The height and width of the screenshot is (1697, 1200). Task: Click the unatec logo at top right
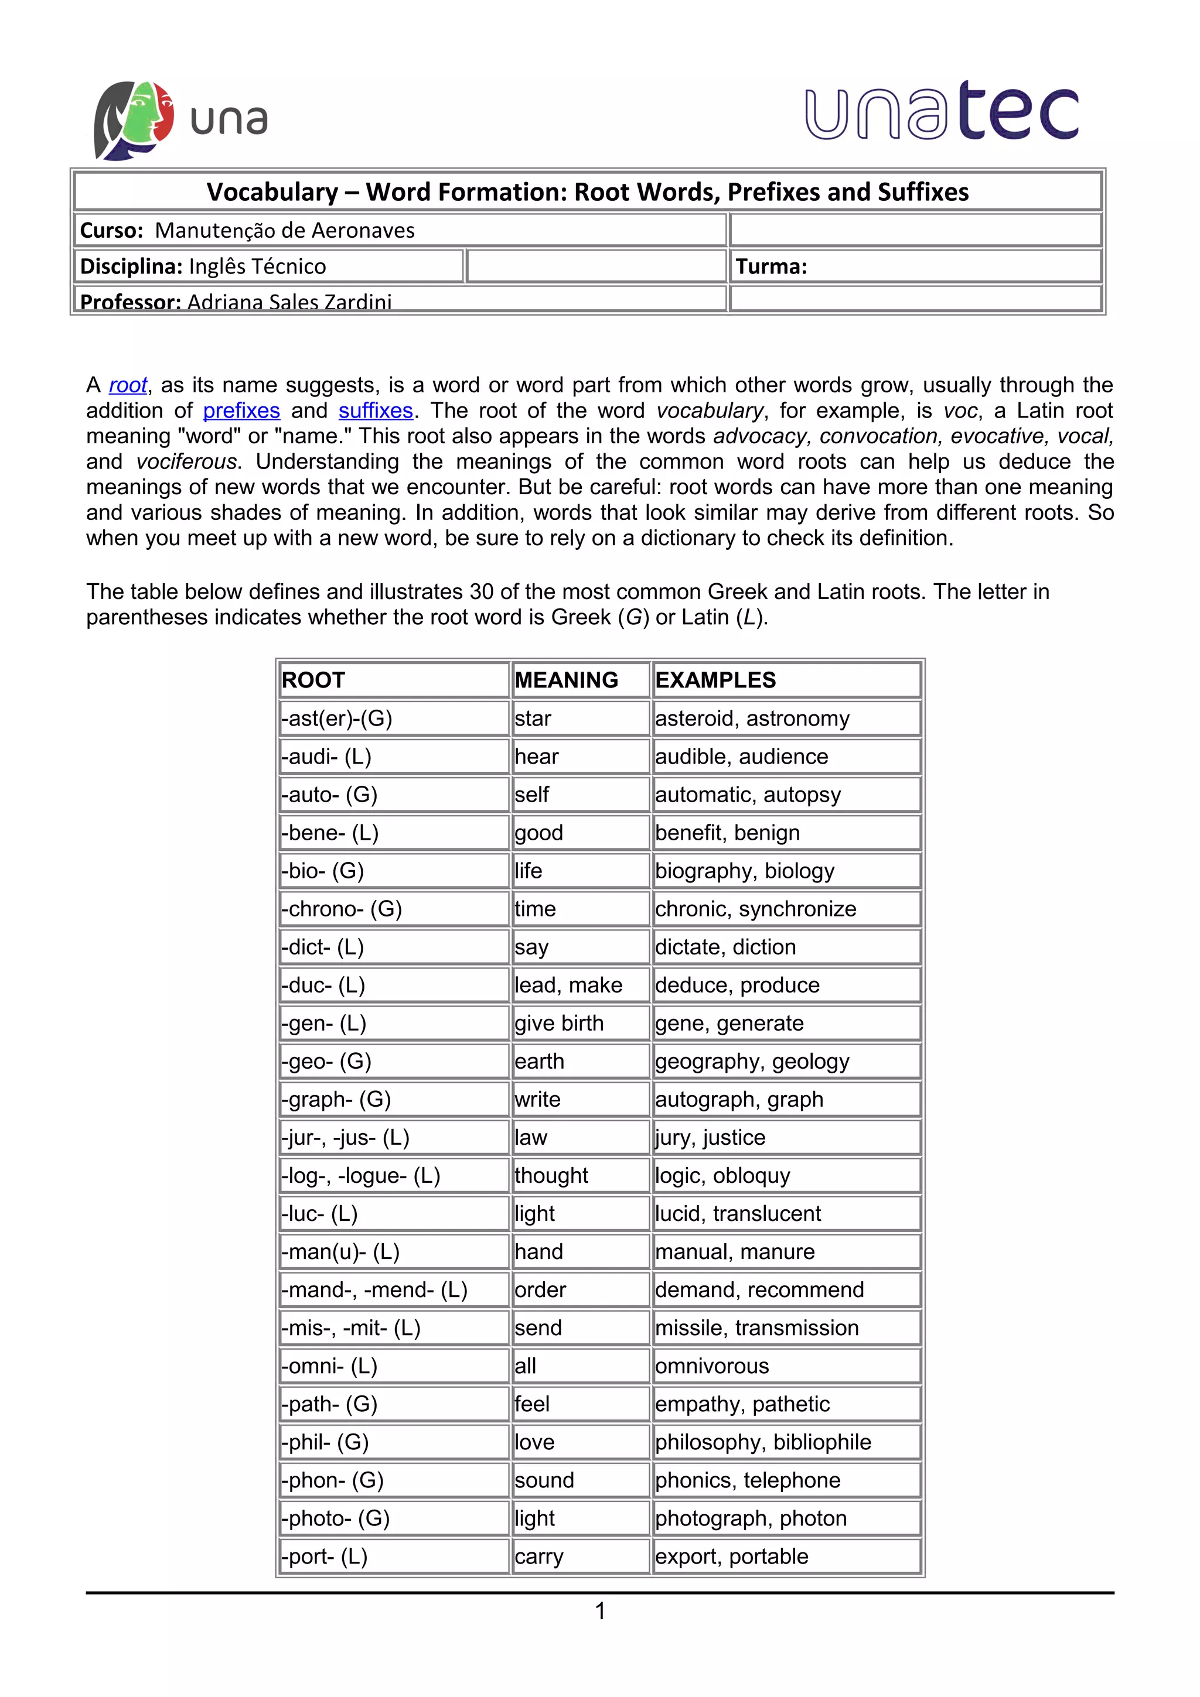pyautogui.click(x=940, y=112)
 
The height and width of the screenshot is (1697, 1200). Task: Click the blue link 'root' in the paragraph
pyautogui.click(x=128, y=385)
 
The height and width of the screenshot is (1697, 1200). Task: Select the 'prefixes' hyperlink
pyautogui.click(x=241, y=410)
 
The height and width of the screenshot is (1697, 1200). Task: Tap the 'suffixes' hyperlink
pyautogui.click(x=375, y=410)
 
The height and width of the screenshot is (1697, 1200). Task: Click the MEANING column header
pyautogui.click(x=567, y=680)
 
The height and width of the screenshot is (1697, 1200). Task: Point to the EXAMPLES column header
pyautogui.click(x=715, y=680)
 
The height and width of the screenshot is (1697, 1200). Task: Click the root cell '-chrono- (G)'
pyautogui.click(x=342, y=908)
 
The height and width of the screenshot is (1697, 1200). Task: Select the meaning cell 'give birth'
pyautogui.click(x=559, y=1023)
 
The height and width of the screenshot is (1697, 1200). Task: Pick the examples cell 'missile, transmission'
pyautogui.click(x=756, y=1328)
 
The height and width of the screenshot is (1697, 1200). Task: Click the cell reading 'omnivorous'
pyautogui.click(x=711, y=1366)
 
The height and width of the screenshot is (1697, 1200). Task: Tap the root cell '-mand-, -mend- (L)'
pyautogui.click(x=374, y=1290)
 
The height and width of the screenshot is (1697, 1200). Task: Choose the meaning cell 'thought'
pyautogui.click(x=551, y=1175)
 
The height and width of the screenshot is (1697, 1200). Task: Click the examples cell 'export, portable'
pyautogui.click(x=731, y=1556)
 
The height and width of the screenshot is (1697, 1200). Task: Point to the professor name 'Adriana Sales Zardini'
pyautogui.click(x=289, y=302)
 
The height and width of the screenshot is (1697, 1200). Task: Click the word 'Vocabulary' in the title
pyautogui.click(x=272, y=192)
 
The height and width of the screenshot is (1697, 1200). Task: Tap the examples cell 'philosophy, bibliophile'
pyautogui.click(x=762, y=1442)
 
